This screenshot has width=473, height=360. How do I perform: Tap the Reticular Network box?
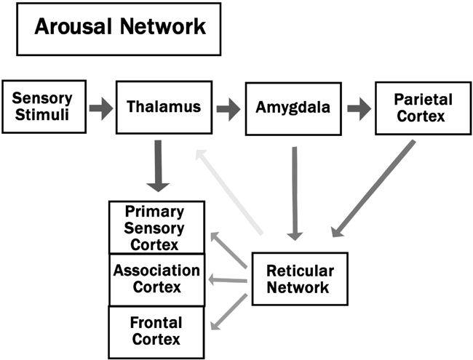click(299, 279)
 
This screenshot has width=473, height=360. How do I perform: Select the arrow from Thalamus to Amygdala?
click(226, 109)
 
